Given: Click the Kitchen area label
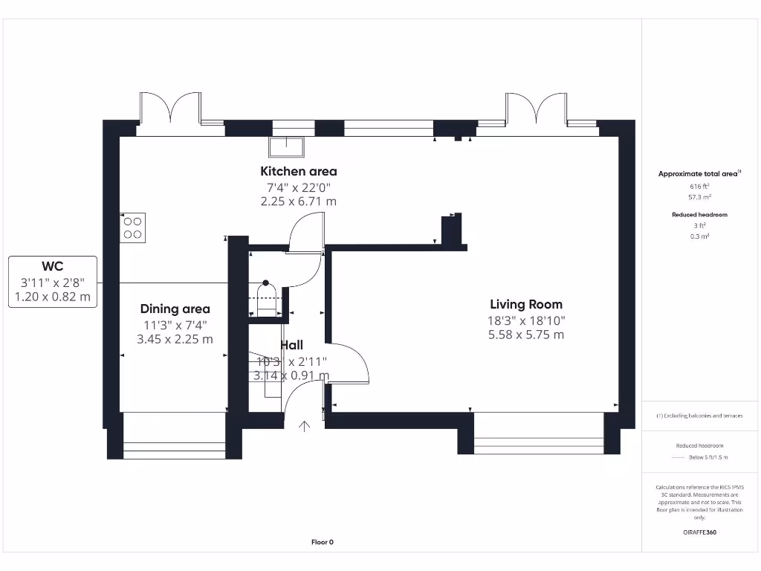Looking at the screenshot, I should (298, 172).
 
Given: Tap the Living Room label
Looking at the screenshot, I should (525, 304).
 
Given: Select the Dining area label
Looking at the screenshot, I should (175, 309).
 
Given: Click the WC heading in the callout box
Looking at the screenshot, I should (52, 267).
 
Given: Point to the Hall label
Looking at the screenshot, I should (291, 346).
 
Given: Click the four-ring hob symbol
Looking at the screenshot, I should (132, 227).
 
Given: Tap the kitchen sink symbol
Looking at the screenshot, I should (288, 146).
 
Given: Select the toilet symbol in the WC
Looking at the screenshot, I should (265, 290).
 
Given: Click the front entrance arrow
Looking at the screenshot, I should (305, 426).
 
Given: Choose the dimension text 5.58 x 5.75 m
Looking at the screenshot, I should (525, 335).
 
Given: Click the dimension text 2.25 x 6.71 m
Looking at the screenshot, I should (298, 201).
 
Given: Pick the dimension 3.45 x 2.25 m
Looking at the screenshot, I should (175, 339).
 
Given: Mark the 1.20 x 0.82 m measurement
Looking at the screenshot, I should (52, 297).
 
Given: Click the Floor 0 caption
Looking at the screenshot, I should (322, 542).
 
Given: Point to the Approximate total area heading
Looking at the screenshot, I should (698, 174).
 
